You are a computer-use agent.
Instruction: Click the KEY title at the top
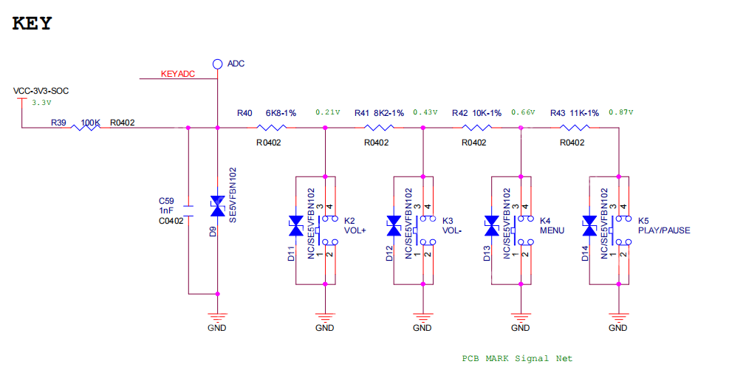32,23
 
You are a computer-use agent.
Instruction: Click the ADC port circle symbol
217,64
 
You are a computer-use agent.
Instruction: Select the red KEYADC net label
178,74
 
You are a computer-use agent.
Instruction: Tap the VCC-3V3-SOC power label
41,91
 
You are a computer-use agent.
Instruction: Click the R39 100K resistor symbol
86,128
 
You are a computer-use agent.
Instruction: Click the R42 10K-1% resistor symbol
476,128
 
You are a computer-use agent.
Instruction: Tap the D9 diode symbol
217,207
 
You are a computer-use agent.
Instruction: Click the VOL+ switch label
355,230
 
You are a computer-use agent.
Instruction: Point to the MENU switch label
552,230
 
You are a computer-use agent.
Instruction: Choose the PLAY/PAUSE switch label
664,230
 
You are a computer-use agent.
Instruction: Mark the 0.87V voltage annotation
621,113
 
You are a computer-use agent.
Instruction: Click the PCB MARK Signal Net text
517,358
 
